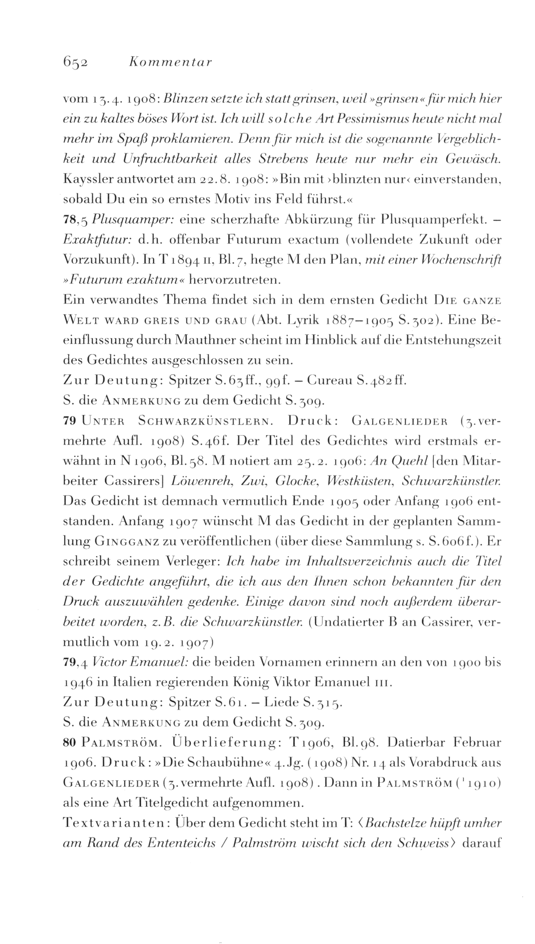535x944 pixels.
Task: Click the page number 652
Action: point(76,63)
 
